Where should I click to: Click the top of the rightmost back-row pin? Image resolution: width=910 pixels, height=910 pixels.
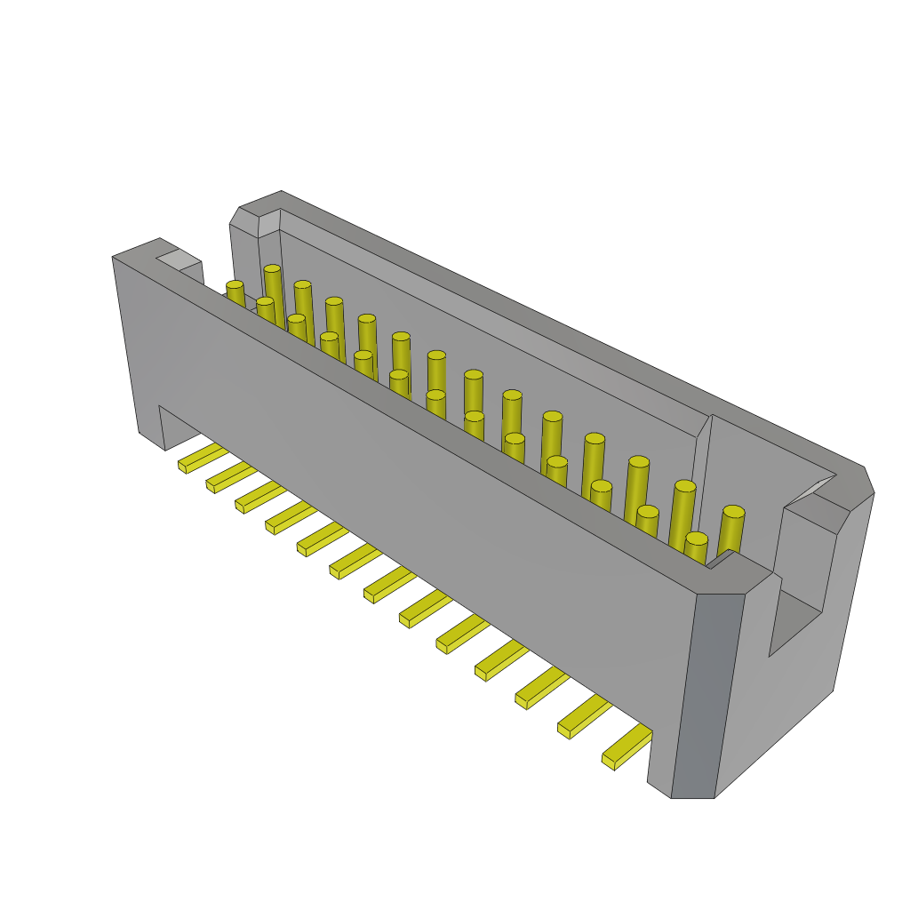pos(733,512)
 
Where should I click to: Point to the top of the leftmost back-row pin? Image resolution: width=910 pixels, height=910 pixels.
pos(272,268)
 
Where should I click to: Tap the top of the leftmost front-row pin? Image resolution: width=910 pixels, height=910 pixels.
pos(235,285)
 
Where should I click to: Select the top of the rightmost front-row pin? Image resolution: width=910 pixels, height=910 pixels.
pos(697,539)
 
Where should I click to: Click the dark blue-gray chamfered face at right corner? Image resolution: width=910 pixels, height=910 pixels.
pos(707,693)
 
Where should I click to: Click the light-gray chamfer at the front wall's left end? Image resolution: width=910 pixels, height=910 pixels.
pos(179,259)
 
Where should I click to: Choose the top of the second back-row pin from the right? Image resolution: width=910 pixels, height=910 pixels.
pos(684,486)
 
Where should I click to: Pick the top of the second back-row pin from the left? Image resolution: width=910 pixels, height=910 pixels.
pos(303,284)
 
